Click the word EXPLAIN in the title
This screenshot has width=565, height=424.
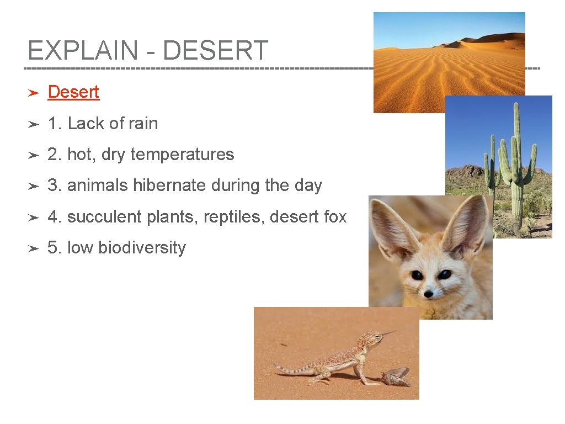tap(82, 51)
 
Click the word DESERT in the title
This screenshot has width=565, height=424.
tap(215, 51)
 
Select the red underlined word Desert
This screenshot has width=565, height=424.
tap(73, 92)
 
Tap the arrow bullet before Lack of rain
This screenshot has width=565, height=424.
tap(33, 124)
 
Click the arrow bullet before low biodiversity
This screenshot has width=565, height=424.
tap(33, 248)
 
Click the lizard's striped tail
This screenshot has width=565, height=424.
tap(292, 369)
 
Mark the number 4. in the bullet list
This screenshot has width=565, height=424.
tap(55, 217)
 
